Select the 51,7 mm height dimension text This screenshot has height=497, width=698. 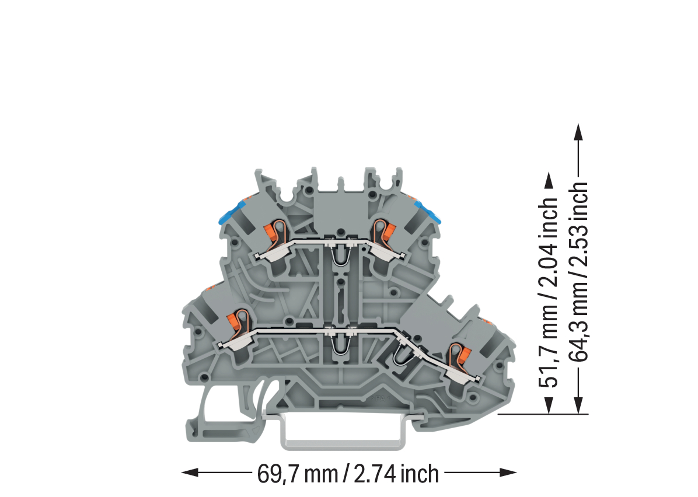549,292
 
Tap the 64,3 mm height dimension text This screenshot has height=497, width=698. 578,271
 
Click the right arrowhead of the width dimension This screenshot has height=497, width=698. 508,472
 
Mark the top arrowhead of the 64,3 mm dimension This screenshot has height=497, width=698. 578,132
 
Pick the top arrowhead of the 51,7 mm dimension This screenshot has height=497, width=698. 549,180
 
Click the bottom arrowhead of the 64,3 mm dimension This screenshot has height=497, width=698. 578,405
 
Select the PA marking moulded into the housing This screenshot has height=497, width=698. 380,398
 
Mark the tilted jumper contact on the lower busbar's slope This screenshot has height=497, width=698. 402,353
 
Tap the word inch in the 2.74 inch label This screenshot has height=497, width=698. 420,474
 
